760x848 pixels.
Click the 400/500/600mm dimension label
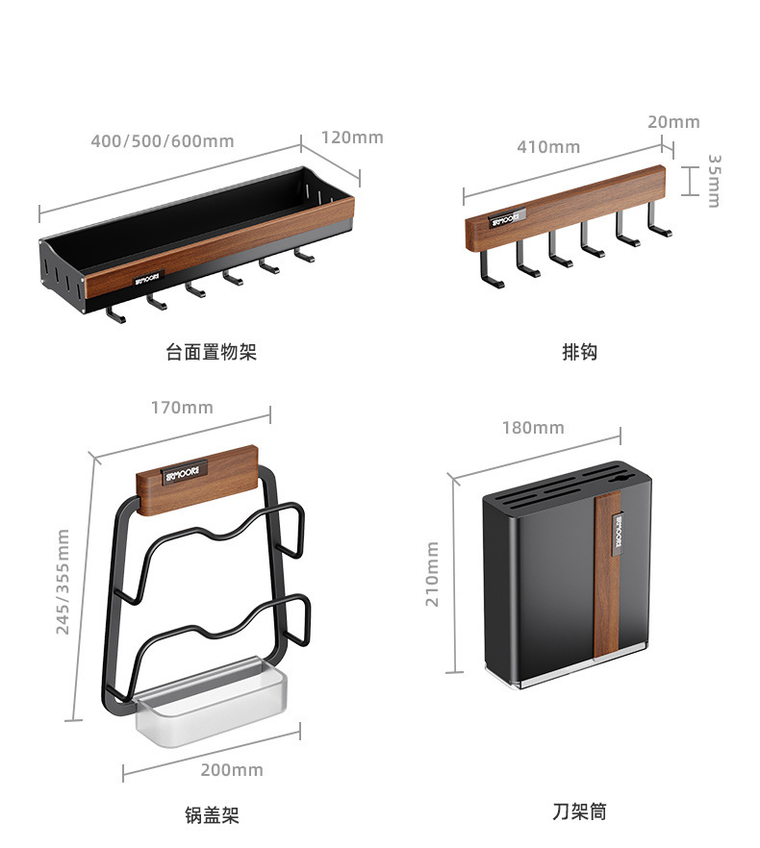click(162, 141)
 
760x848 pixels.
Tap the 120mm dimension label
click(352, 137)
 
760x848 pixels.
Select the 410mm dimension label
click(548, 147)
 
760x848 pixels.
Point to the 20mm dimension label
click(673, 122)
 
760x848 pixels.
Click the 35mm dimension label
click(714, 180)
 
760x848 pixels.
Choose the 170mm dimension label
click(182, 408)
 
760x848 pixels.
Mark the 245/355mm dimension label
click(63, 581)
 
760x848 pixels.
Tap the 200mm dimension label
click(232, 770)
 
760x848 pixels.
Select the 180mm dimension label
click(533, 428)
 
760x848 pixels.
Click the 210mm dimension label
click(433, 573)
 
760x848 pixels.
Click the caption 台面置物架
click(212, 352)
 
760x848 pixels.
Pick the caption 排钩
click(579, 352)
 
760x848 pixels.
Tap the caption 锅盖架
click(212, 816)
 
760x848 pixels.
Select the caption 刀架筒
click(579, 812)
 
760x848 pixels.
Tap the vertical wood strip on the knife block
click(608, 577)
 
